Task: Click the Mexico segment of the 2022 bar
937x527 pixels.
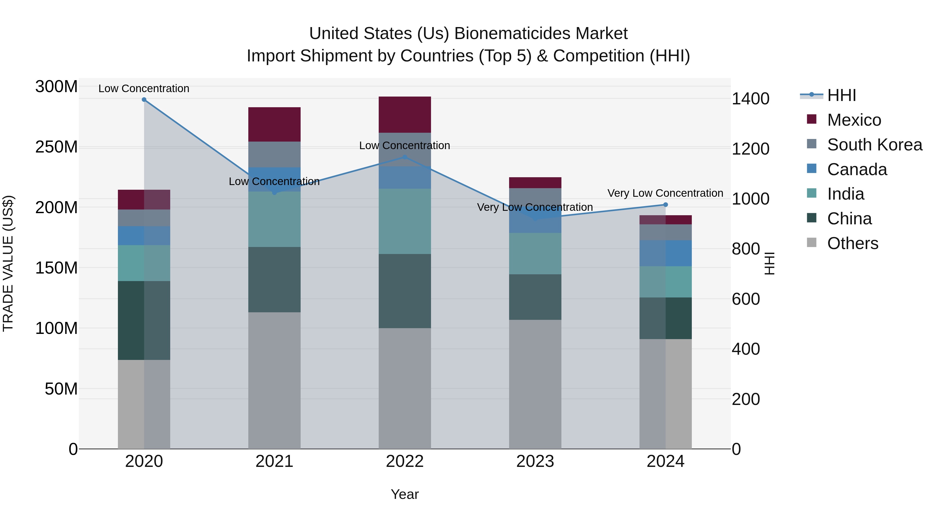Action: pyautogui.click(x=404, y=115)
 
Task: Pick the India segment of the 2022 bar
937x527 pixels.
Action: pyautogui.click(x=404, y=221)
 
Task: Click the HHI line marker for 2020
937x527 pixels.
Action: pyautogui.click(x=144, y=100)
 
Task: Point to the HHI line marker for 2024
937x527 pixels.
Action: pyautogui.click(x=666, y=205)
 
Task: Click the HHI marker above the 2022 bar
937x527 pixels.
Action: pyautogui.click(x=404, y=157)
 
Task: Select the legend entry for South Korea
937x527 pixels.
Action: pyautogui.click(x=875, y=145)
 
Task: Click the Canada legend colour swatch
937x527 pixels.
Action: pyautogui.click(x=812, y=169)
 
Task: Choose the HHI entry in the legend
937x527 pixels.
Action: pyautogui.click(x=841, y=95)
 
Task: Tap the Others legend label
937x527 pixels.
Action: pyautogui.click(x=853, y=243)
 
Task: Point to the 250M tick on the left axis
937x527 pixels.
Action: pyautogui.click(x=56, y=147)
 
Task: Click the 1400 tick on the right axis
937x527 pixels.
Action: pyautogui.click(x=750, y=99)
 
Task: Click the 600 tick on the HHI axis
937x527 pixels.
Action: pyautogui.click(x=746, y=299)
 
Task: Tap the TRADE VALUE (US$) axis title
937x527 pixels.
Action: pyautogui.click(x=8, y=263)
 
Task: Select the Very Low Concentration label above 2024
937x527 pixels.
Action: pyautogui.click(x=665, y=193)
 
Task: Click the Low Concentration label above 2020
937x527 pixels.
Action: pyautogui.click(x=144, y=89)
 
